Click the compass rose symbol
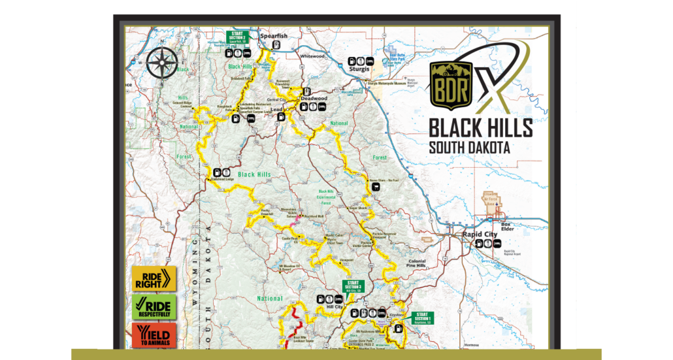click(x=161, y=63)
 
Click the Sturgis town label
click(x=359, y=69)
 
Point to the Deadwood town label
click(x=313, y=98)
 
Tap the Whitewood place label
click(x=312, y=56)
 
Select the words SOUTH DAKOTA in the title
click(x=469, y=148)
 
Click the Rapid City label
click(x=480, y=234)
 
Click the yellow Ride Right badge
click(x=154, y=278)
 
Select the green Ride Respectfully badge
click(x=154, y=306)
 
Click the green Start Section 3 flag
click(x=353, y=286)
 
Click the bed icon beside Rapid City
click(x=480, y=243)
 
